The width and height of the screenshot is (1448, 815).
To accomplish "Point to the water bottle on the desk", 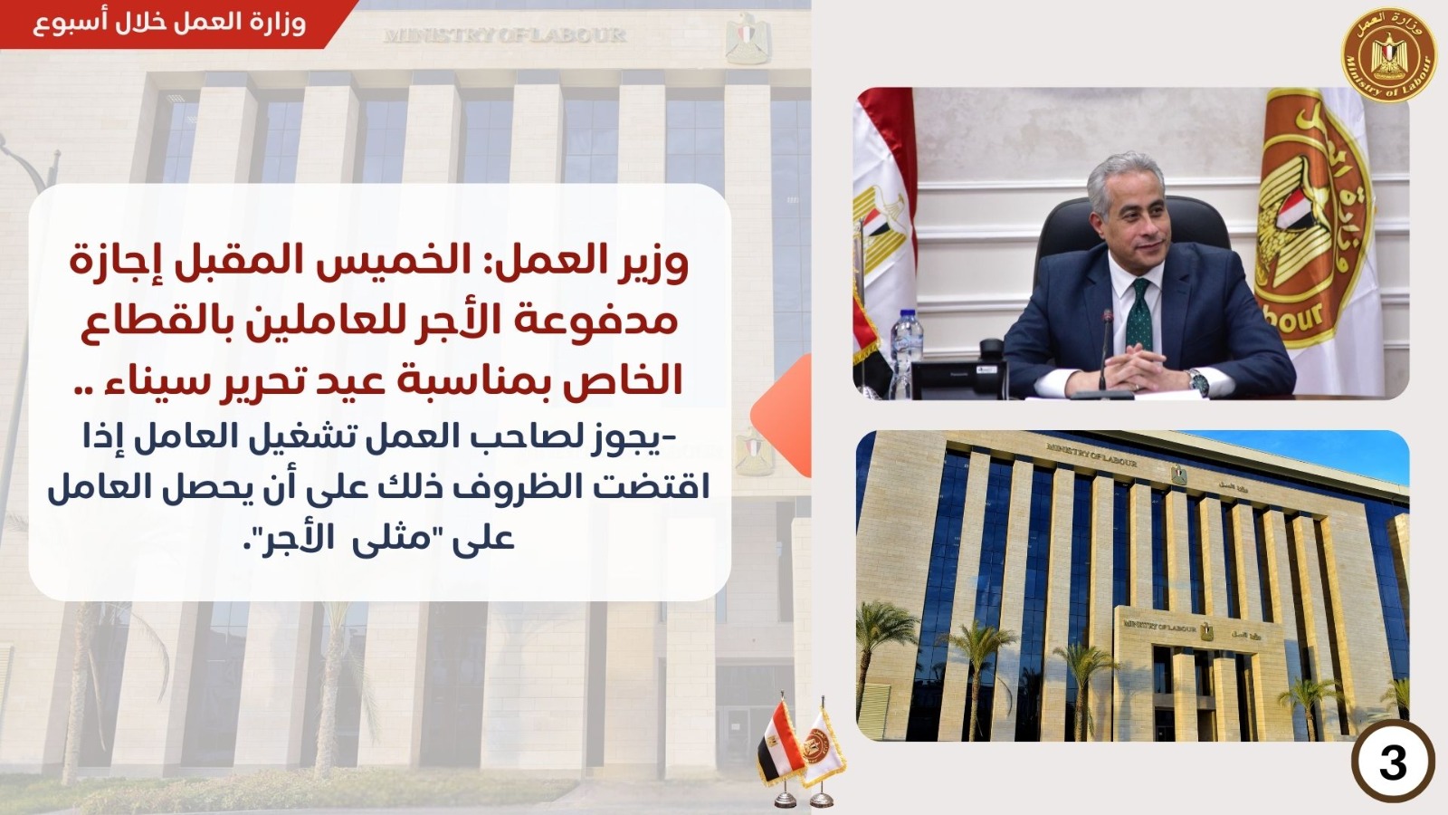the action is [906, 352].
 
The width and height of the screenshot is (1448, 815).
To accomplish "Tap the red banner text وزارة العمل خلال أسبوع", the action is [168, 24].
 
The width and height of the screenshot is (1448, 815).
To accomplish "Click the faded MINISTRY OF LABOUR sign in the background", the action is [505, 34].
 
